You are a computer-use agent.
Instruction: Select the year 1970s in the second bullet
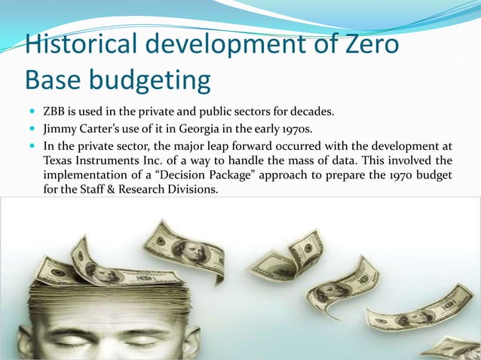294,130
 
